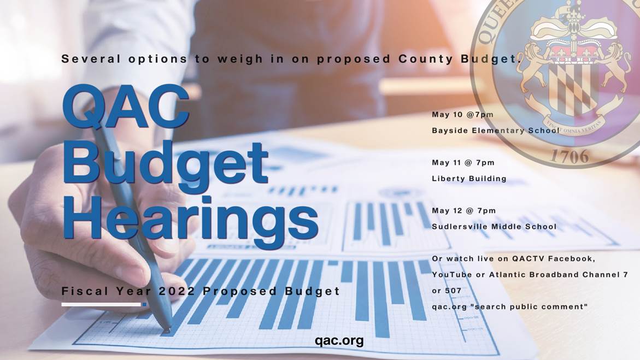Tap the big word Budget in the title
click(x=166, y=163)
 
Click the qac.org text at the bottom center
click(x=339, y=341)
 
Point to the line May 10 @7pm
click(x=462, y=115)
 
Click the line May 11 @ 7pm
click(x=463, y=163)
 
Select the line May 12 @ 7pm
click(x=463, y=211)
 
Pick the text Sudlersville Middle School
click(x=494, y=227)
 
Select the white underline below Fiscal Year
click(x=101, y=304)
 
